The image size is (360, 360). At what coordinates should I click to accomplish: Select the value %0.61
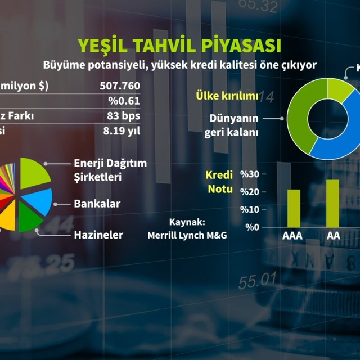point(125,101)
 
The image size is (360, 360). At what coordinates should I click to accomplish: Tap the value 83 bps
point(123,116)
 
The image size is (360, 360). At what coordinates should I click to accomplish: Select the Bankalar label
point(97,203)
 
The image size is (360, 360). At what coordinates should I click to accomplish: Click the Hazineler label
point(98,235)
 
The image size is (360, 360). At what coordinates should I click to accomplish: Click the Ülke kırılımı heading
point(227,96)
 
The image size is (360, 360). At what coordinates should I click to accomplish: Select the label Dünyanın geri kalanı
point(233,125)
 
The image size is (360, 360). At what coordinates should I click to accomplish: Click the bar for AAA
point(294,208)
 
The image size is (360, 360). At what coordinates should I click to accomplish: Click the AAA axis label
point(292,236)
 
